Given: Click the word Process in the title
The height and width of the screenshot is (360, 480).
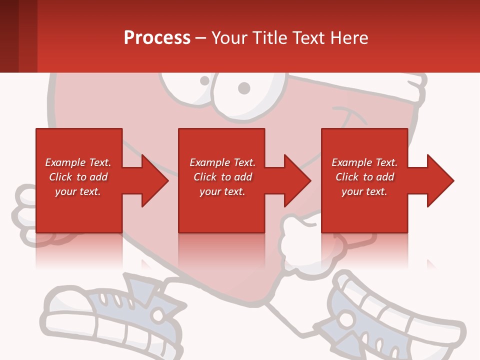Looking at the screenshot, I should [157, 38].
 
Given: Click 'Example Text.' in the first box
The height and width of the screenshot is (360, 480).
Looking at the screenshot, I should [78, 162].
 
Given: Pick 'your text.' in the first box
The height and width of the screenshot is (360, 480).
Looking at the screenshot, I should [78, 191].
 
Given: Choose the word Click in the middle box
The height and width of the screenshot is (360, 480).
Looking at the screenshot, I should [204, 177].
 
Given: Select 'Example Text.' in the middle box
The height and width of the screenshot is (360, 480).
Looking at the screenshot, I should [222, 162].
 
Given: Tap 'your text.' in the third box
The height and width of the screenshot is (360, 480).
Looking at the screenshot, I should [364, 191].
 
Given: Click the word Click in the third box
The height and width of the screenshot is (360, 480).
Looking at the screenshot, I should [346, 177].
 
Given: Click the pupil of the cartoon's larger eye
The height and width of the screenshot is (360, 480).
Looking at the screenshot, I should [243, 88].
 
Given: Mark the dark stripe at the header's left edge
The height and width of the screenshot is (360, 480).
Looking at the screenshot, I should [9, 36].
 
